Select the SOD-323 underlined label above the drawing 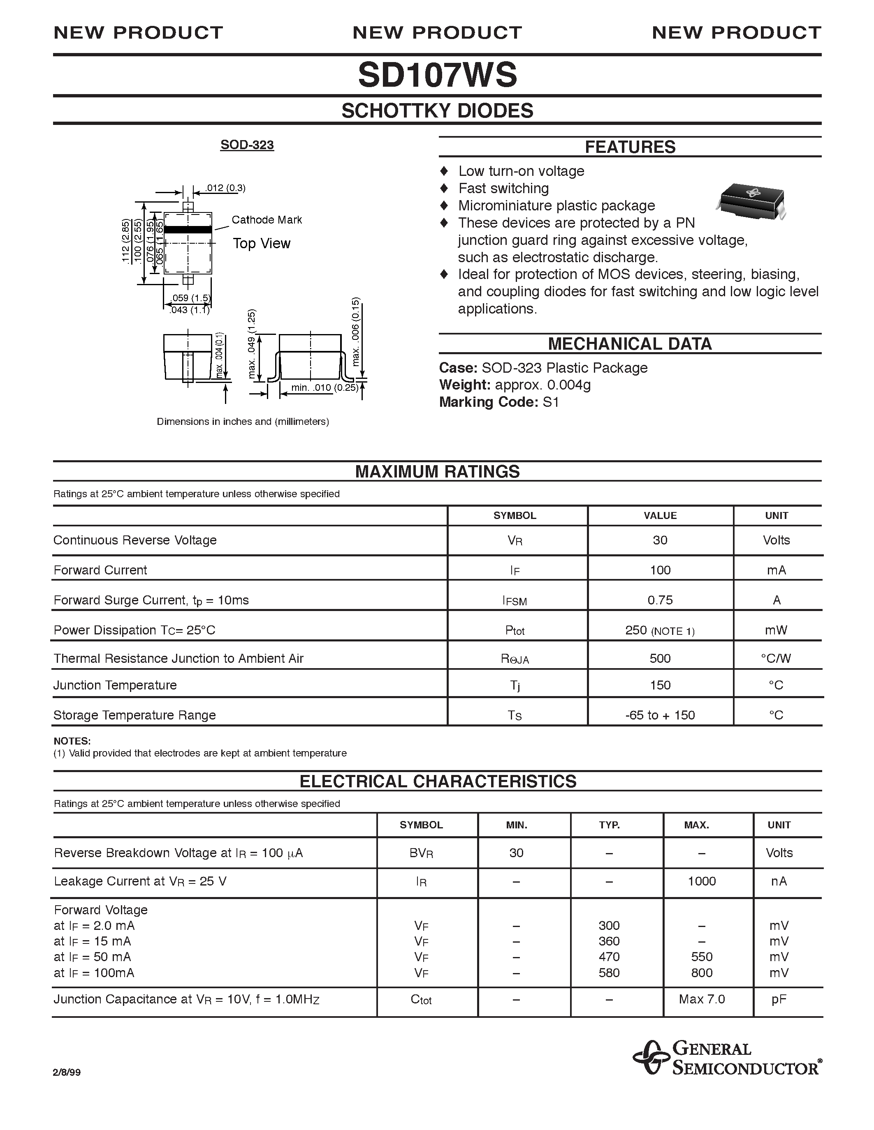click(x=247, y=145)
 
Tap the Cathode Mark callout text click(x=267, y=220)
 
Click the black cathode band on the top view click(x=188, y=229)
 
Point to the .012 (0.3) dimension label click(x=225, y=188)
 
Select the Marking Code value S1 click(x=551, y=402)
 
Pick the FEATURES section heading click(x=630, y=147)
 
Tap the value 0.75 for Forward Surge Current click(x=660, y=600)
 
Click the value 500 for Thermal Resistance click(x=660, y=658)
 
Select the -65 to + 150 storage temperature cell click(x=660, y=715)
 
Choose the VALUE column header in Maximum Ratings click(x=660, y=515)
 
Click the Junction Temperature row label click(x=115, y=685)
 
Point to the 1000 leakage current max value click(x=702, y=881)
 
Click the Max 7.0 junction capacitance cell click(x=702, y=999)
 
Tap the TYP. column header click(x=610, y=825)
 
